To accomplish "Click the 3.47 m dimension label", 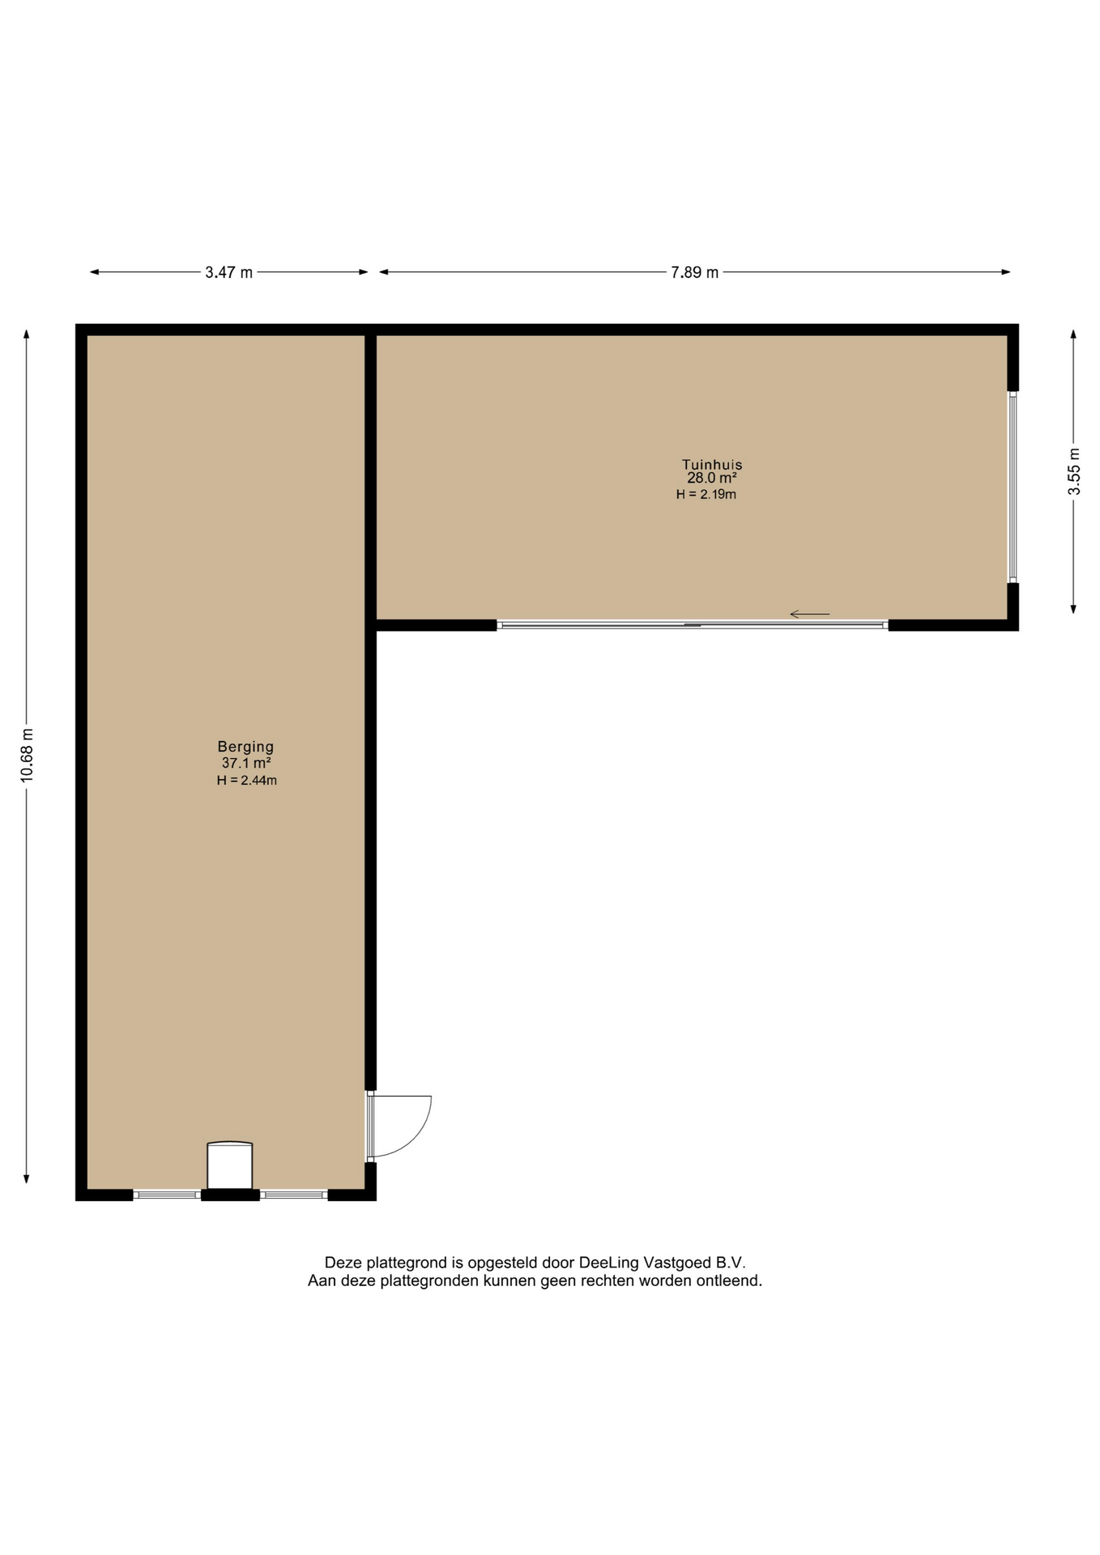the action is point(228,272).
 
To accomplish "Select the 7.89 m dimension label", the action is point(694,272).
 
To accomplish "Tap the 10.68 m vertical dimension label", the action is point(27,755).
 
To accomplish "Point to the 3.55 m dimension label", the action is point(1074,471).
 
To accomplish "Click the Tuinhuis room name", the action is point(712,465).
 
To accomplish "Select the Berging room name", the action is point(245,747).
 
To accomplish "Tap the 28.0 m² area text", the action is point(712,479).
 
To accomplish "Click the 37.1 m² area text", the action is point(246,763).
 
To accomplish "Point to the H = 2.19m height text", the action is point(706,494).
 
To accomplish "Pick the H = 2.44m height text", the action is point(247,781).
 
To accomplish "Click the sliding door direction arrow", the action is point(810,614).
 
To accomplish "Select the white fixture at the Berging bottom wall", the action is point(230,1165).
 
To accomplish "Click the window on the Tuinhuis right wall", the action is point(1013,488).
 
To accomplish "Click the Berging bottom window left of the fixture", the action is point(167,1194).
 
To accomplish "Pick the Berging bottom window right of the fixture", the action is point(293,1194).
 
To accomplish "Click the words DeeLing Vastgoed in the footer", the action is point(645,1263).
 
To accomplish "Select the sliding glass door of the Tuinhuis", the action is point(693,625).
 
